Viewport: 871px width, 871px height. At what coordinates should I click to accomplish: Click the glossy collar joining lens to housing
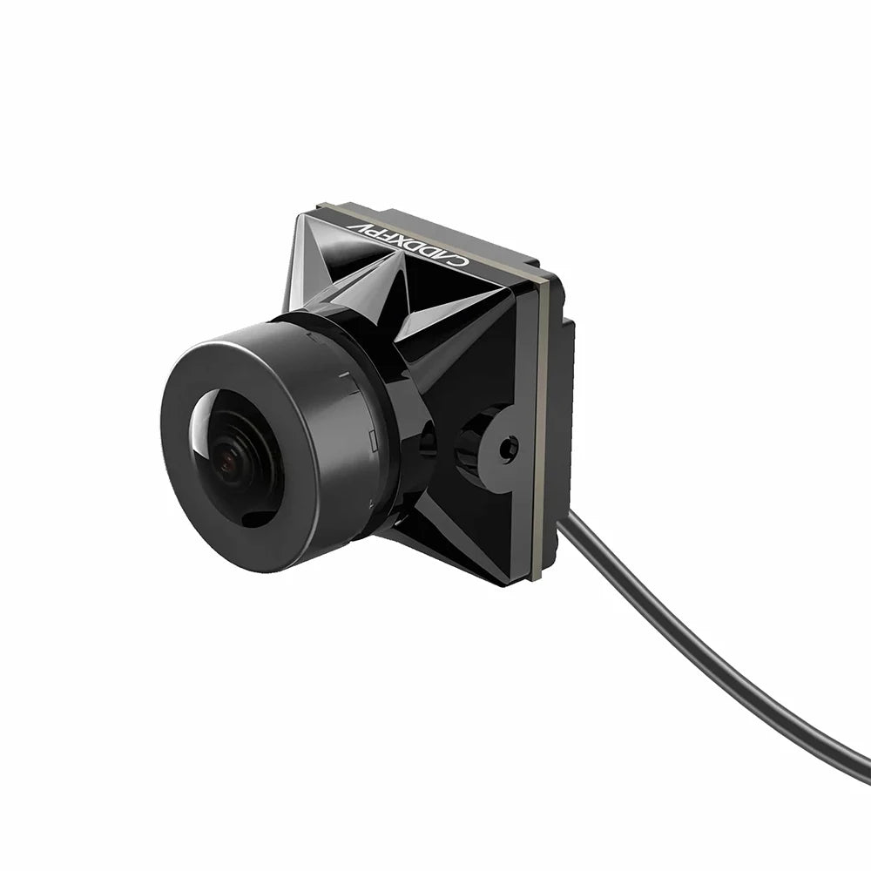click(x=409, y=435)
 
